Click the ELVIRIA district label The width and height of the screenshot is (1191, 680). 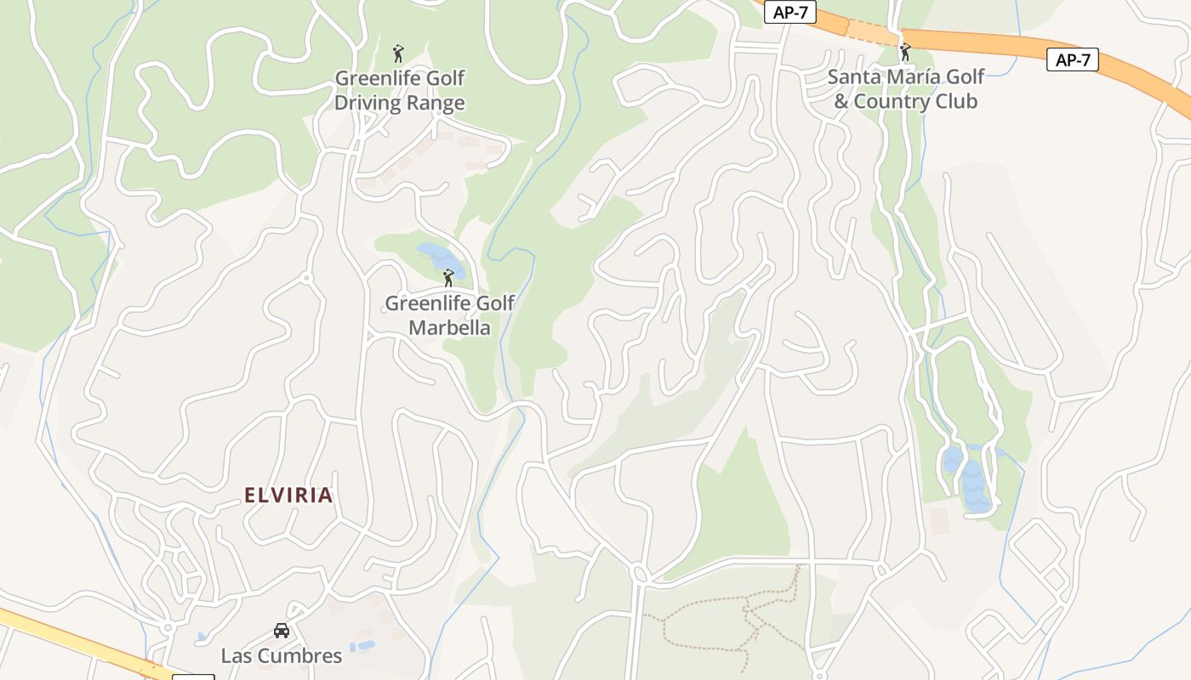[288, 495]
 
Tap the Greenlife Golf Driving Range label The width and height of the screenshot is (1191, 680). [399, 90]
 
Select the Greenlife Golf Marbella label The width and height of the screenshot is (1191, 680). [449, 314]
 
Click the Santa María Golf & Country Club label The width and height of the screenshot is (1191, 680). [905, 88]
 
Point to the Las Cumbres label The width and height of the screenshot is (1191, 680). [282, 655]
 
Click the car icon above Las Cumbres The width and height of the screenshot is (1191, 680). [282, 631]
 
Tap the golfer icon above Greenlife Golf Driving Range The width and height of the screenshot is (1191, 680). [398, 54]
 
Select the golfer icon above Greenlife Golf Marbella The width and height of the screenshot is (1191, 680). [448, 278]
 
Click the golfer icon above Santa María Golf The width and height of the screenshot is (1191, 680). [905, 52]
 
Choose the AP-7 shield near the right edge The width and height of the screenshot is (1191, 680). [1073, 59]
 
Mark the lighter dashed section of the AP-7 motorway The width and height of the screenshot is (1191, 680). [872, 32]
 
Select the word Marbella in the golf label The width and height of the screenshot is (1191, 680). [449, 327]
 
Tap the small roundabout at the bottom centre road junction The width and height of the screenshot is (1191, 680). [641, 575]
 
